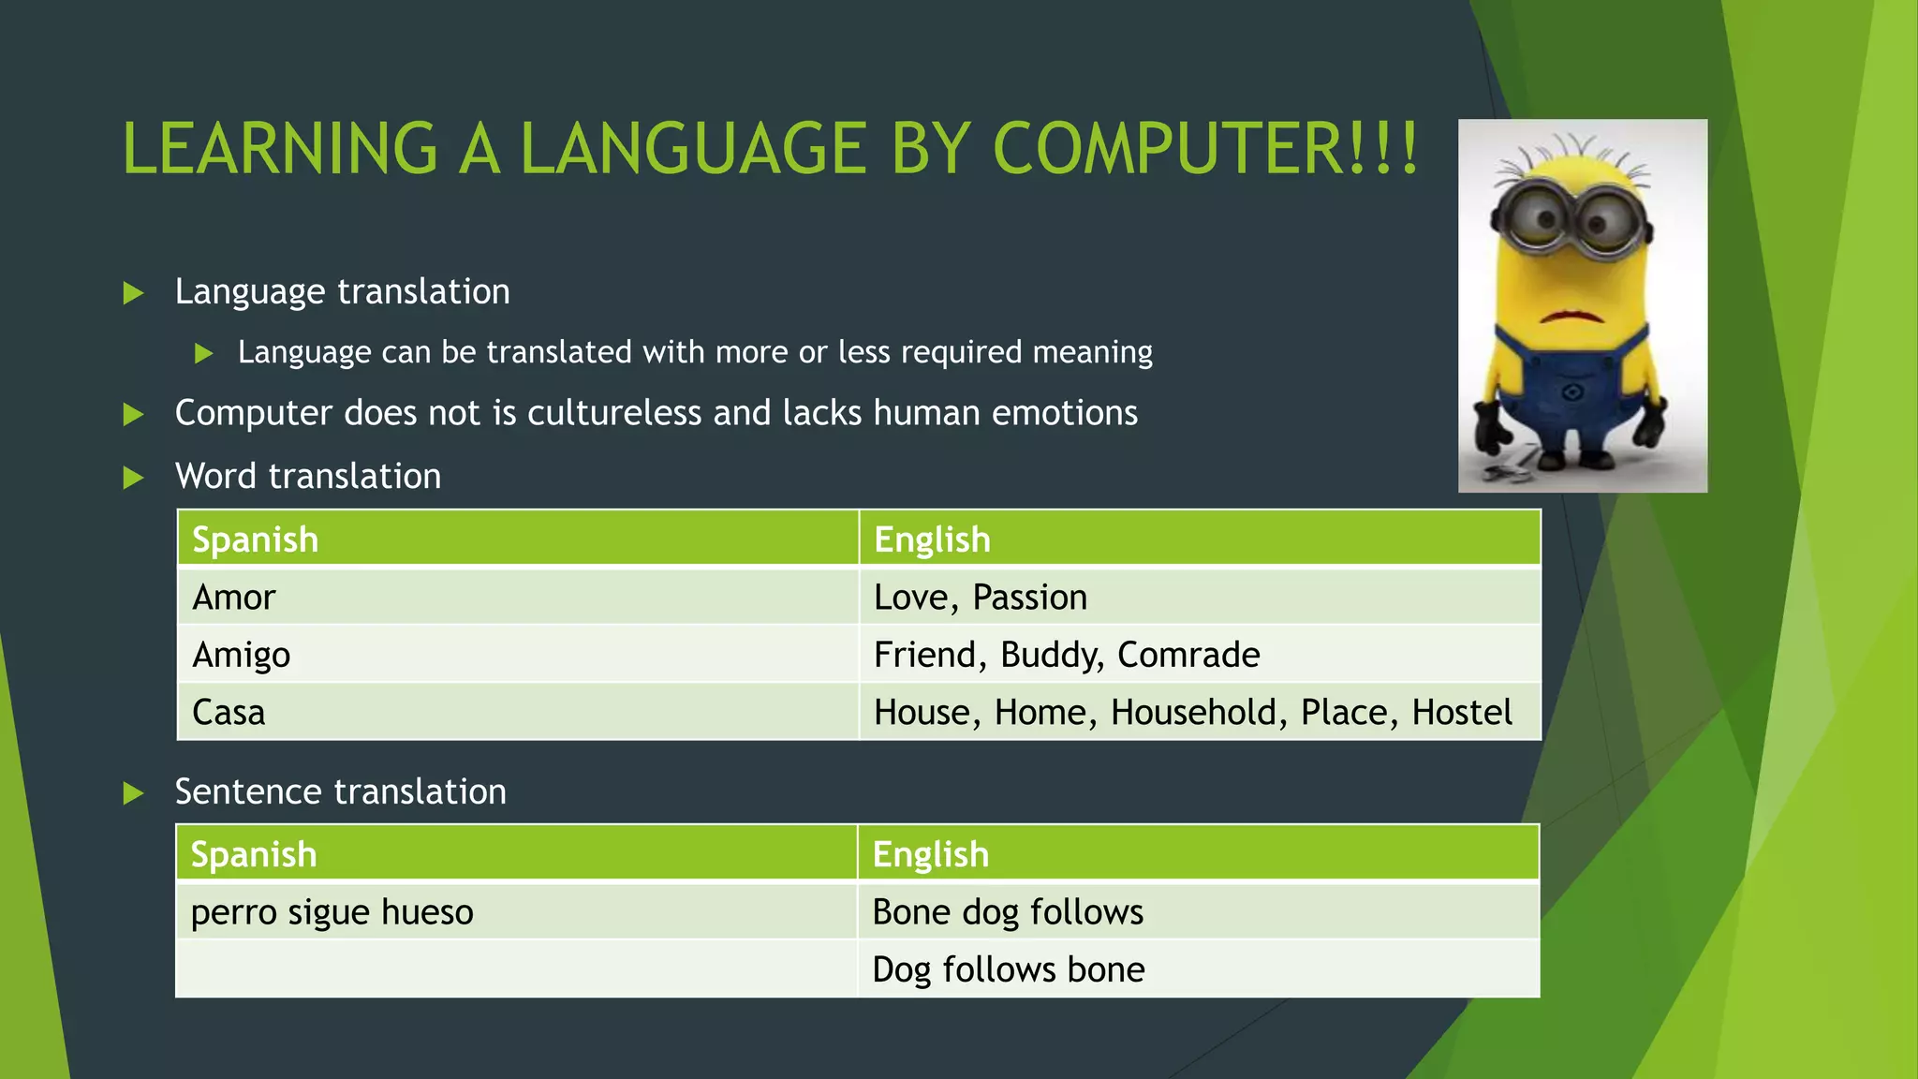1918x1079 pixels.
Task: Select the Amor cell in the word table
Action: pyautogui.click(x=234, y=598)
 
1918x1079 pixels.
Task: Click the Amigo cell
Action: pyautogui.click(x=241, y=655)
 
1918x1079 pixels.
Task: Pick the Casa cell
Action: pyautogui.click(x=229, y=713)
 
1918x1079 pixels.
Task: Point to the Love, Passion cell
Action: pyautogui.click(x=981, y=598)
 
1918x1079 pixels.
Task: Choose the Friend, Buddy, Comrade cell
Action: pyautogui.click(x=1067, y=655)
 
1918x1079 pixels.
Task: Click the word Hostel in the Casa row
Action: pyautogui.click(x=1462, y=713)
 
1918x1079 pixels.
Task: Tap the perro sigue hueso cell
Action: pyautogui.click(x=332, y=912)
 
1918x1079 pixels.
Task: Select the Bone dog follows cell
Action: pyautogui.click(x=1008, y=912)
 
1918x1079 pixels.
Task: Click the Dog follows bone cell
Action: pyautogui.click(x=1009, y=969)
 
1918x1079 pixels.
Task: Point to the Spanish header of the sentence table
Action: pyautogui.click(x=254, y=854)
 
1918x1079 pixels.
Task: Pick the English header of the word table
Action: pyautogui.click(x=932, y=539)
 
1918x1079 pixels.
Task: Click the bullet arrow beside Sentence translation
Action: pyautogui.click(x=134, y=794)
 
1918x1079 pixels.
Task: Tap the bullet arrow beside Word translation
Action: pyautogui.click(x=134, y=479)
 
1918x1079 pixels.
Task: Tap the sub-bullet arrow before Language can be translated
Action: pyautogui.click(x=204, y=354)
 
